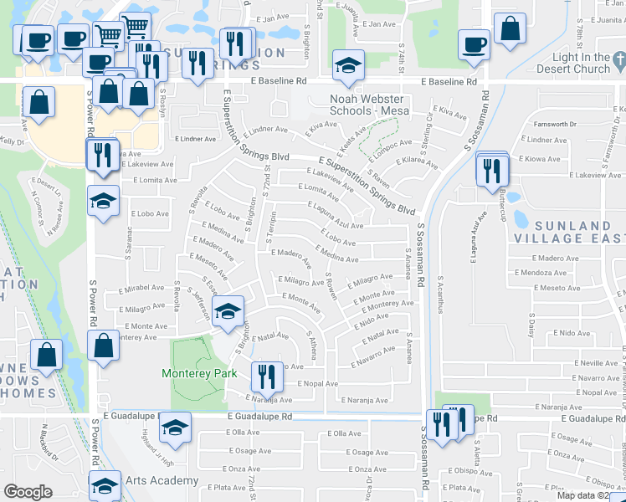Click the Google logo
(x=28, y=492)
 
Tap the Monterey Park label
(x=201, y=373)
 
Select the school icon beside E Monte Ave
(x=225, y=311)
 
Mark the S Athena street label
(x=312, y=345)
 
